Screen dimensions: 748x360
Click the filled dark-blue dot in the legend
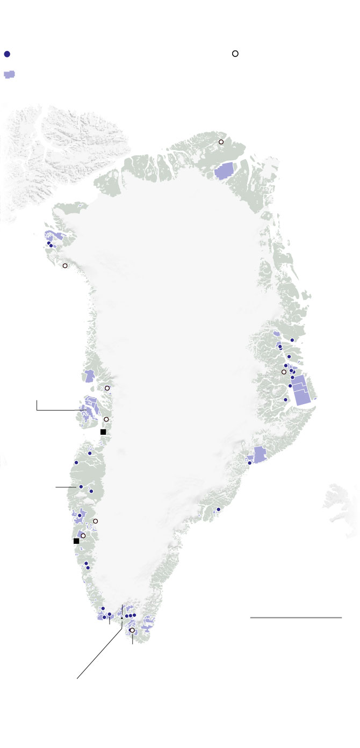7,54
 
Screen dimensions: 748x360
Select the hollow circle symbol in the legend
235,54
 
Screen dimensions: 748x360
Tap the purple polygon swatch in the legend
9,75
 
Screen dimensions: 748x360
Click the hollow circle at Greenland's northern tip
221,142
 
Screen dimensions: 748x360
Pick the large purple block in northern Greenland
224,171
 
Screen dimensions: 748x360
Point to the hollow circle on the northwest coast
65,266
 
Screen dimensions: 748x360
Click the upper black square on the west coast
103,431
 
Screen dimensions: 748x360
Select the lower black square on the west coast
76,541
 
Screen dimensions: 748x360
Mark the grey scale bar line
296,618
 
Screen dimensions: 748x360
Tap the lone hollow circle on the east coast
284,372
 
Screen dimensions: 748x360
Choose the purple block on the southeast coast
260,455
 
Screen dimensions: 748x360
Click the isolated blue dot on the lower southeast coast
219,509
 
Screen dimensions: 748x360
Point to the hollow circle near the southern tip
132,630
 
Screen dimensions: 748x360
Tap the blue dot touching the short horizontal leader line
81,487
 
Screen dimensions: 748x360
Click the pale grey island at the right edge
341,502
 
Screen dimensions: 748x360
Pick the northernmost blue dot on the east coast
292,340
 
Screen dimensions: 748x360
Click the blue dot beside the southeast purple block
249,463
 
